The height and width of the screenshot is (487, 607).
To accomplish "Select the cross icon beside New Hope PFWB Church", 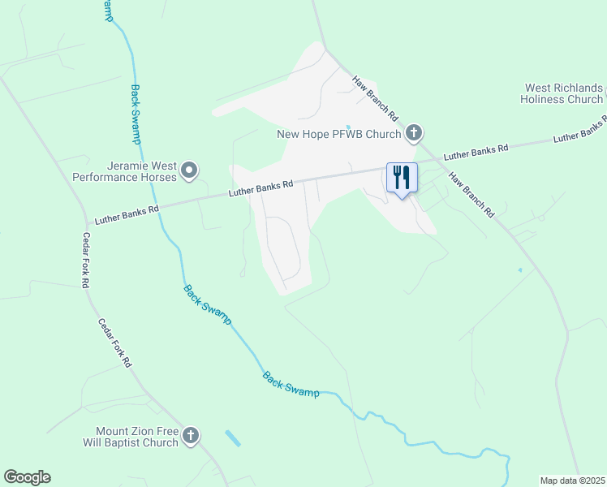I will pyautogui.click(x=414, y=132).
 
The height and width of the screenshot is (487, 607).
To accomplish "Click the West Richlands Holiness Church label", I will pyautogui.click(x=563, y=93).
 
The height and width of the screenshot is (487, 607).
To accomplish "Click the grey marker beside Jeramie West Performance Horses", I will pyautogui.click(x=189, y=170).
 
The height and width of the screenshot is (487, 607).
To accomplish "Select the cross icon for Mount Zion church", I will pyautogui.click(x=190, y=437).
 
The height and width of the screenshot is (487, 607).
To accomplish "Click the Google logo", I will pyautogui.click(x=27, y=477).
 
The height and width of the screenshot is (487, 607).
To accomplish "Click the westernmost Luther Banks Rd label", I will pyautogui.click(x=127, y=214).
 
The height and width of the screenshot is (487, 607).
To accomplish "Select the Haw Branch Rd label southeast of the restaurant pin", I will pyautogui.click(x=471, y=195).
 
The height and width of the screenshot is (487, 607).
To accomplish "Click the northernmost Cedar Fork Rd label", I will pyautogui.click(x=84, y=261).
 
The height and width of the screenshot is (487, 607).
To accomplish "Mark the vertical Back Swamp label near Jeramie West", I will pyautogui.click(x=136, y=114).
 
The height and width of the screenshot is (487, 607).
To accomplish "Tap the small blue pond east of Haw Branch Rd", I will pyautogui.click(x=519, y=269).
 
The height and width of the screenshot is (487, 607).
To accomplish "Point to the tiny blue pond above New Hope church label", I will pyautogui.click(x=348, y=126).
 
